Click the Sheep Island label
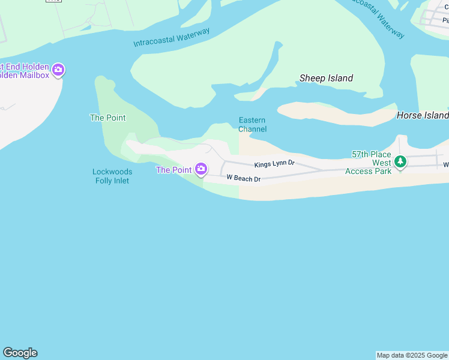tap(326, 78)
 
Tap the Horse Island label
tap(423, 115)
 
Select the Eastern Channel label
tap(252, 124)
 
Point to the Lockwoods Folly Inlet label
tap(112, 176)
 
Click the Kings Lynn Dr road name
tap(274, 163)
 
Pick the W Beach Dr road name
tap(243, 179)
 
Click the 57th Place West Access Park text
tap(369, 163)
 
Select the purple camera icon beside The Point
tap(201, 169)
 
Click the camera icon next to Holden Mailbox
tap(58, 70)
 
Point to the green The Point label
tap(107, 118)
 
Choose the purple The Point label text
tap(173, 170)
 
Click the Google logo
tap(20, 353)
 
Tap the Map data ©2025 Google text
tap(412, 355)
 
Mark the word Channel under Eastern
tap(252, 129)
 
